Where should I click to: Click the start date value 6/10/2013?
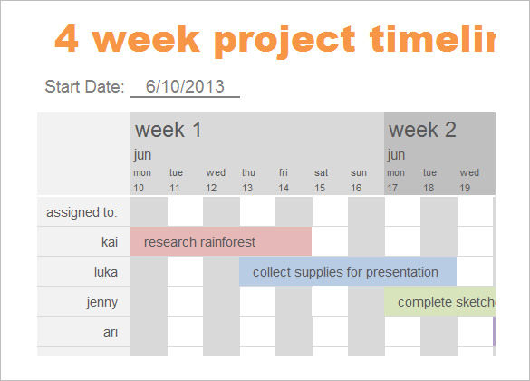(185, 86)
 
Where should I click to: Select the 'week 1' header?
(168, 130)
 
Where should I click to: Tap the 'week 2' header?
(422, 130)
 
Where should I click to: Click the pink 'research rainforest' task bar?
(221, 241)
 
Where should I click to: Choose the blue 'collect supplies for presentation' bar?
(348, 271)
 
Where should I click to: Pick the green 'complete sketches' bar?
(439, 301)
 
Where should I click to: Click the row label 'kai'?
(110, 242)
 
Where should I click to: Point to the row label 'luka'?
(106, 272)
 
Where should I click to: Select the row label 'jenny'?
(102, 302)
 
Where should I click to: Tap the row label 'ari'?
(111, 332)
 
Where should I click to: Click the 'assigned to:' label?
(82, 212)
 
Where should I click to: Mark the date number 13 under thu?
(247, 188)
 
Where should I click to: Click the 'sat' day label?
(321, 172)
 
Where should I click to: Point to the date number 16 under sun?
(356, 188)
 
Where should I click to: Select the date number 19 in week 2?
(465, 188)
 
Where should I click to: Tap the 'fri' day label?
(284, 172)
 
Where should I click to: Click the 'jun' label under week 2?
(396, 155)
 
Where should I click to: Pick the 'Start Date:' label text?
(84, 86)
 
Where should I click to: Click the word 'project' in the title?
(284, 41)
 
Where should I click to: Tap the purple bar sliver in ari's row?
(494, 331)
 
